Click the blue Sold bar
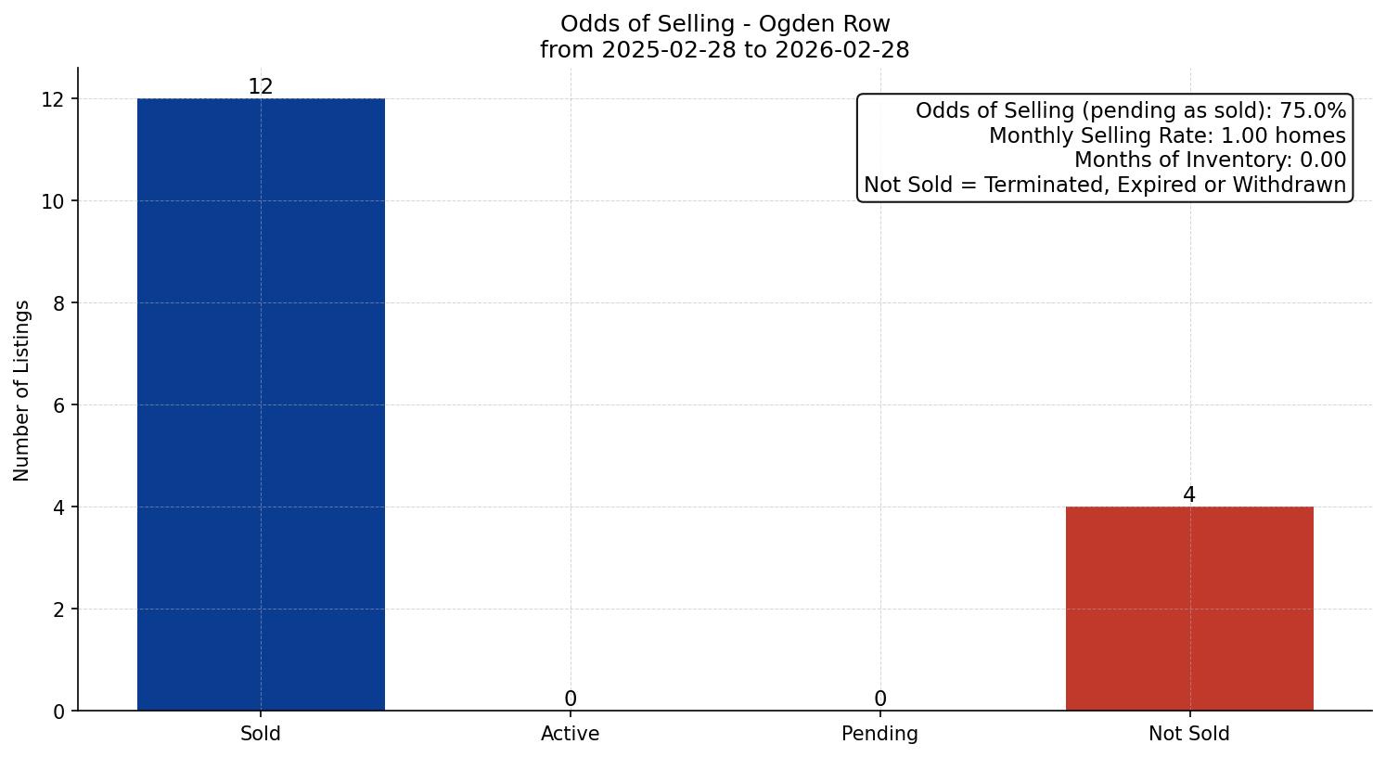(261, 404)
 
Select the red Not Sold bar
(1189, 609)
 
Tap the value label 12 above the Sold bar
(261, 86)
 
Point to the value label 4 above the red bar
(1189, 495)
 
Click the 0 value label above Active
(571, 699)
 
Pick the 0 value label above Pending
(880, 699)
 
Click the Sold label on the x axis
(261, 734)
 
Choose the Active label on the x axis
(571, 734)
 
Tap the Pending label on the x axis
(880, 734)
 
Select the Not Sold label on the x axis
(1189, 734)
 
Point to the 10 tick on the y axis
(54, 201)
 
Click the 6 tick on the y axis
(59, 405)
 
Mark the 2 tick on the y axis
(59, 609)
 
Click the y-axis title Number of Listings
(22, 391)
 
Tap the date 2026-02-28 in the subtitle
(842, 50)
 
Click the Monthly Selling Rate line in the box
(1167, 135)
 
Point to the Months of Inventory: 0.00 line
(1210, 160)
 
